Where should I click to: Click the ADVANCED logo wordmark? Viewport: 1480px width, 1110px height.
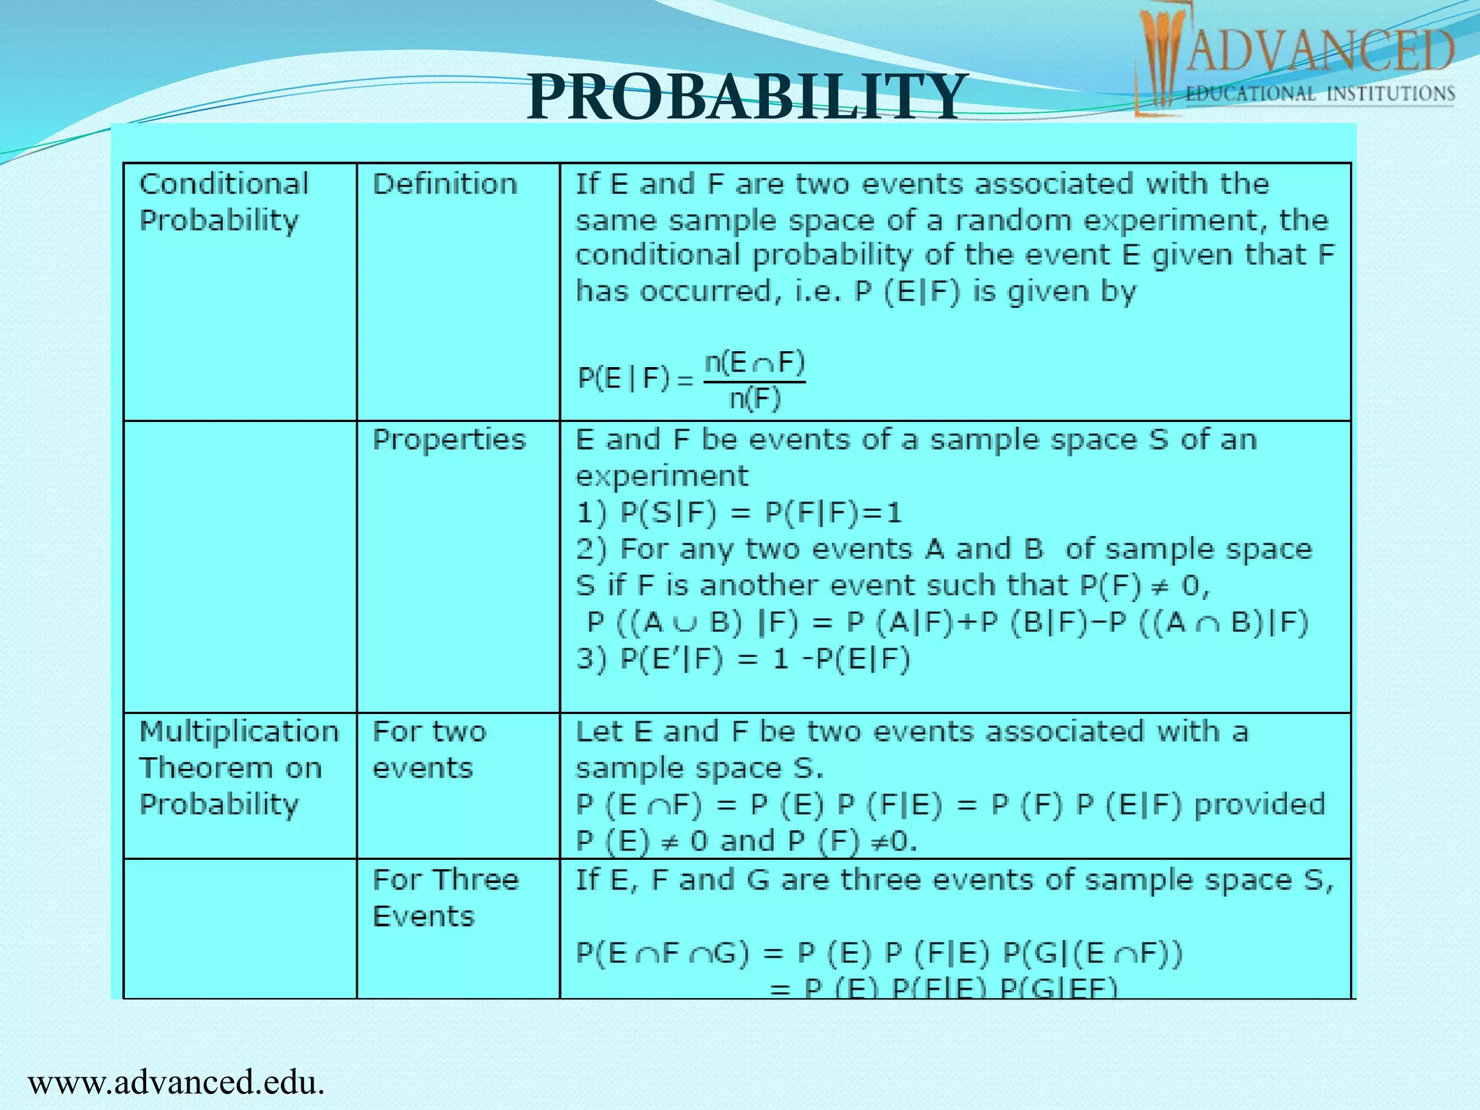click(1320, 51)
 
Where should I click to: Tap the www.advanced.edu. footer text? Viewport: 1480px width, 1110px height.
click(176, 1083)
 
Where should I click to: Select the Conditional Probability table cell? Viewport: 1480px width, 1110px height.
click(224, 202)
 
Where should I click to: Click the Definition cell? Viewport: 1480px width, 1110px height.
click(445, 184)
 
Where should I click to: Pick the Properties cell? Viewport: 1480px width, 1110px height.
click(449, 440)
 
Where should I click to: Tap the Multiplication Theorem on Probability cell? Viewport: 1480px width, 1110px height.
click(238, 767)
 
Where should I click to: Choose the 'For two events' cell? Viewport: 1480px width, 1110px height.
click(429, 749)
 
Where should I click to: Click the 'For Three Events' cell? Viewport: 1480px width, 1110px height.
click(445, 898)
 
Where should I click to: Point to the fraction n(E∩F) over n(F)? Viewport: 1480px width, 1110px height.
click(754, 380)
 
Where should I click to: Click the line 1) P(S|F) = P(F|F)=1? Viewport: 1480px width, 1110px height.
click(739, 513)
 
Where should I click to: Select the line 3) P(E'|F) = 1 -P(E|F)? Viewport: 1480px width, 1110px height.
click(743, 659)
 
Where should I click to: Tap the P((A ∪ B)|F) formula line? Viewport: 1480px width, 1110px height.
click(947, 622)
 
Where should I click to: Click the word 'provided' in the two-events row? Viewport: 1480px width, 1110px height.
click(1260, 804)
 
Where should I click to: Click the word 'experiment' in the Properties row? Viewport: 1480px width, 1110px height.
click(662, 476)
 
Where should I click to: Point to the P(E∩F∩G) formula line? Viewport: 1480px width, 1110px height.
click(879, 954)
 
